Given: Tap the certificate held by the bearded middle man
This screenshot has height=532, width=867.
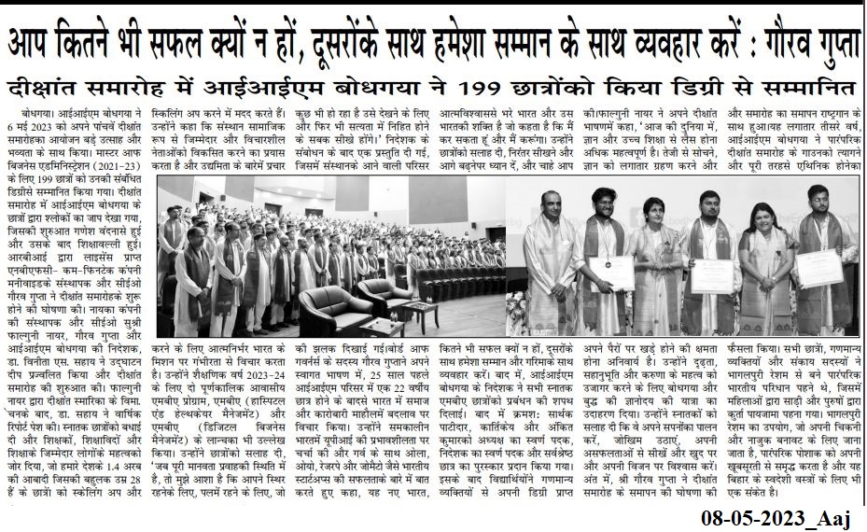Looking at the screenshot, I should coord(711,274).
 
